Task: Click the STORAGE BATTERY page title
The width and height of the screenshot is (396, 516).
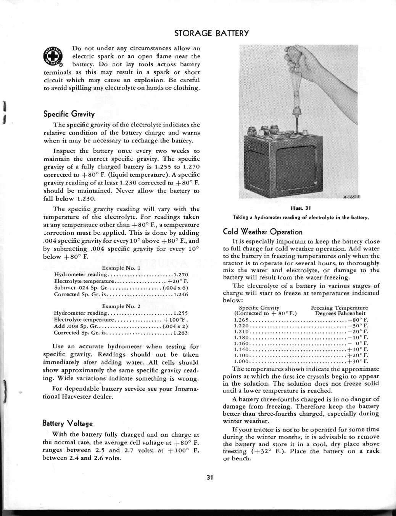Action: tap(211, 33)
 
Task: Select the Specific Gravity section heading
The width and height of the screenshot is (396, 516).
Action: tap(69, 114)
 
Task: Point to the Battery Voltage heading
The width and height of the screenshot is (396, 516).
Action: tap(67, 423)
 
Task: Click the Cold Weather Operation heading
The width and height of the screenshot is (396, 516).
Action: tap(262, 232)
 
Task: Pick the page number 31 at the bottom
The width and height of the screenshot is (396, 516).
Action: tap(209, 478)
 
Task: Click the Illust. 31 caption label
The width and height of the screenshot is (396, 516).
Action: tap(301, 208)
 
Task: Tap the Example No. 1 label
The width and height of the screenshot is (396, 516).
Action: tap(121, 268)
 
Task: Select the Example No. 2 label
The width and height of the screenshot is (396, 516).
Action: tap(121, 306)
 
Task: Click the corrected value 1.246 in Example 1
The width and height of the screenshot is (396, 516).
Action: tap(180, 295)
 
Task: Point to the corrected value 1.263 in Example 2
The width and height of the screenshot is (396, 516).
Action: tap(180, 333)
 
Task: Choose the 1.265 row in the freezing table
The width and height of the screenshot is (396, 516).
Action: tap(241, 320)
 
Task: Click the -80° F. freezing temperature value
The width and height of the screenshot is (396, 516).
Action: tap(358, 320)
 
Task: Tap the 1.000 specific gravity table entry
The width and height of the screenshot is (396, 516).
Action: tap(241, 361)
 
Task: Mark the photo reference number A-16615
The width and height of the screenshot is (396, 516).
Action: tap(351, 197)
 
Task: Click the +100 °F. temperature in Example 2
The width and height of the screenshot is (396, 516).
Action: tap(176, 320)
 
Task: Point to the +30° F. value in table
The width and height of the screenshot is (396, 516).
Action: tap(358, 361)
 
